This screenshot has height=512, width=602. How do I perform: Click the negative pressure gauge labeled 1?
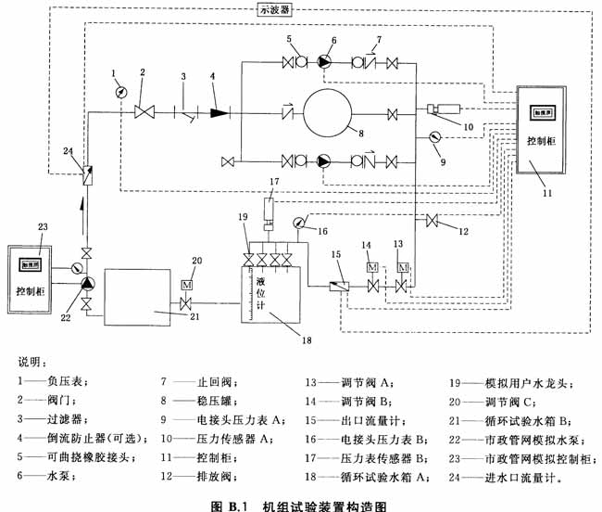[x=120, y=92]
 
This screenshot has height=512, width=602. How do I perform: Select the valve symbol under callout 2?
[x=144, y=112]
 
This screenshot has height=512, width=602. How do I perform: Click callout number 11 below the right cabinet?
[x=546, y=193]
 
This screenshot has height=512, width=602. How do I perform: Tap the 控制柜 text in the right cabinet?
[x=541, y=144]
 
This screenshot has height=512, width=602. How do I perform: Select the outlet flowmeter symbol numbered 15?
[x=338, y=287]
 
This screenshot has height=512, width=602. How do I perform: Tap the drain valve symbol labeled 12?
[x=432, y=221]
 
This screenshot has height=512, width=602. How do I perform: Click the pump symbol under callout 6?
[x=324, y=62]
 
